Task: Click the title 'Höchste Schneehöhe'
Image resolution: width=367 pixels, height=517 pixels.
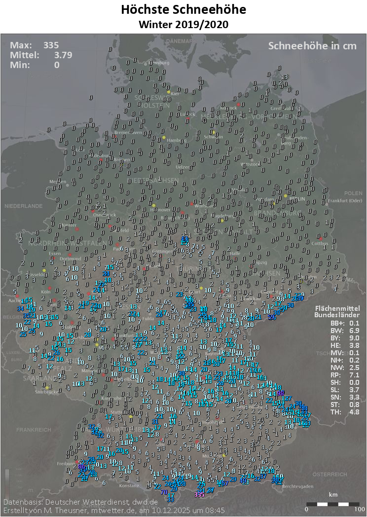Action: [x=183, y=9]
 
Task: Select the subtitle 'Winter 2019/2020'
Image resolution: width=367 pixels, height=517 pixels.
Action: [x=183, y=24]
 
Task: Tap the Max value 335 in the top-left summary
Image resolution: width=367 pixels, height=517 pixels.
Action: [x=51, y=45]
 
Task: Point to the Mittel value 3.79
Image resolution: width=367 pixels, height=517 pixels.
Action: [x=63, y=55]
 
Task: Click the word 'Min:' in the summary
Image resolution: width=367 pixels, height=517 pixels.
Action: [x=21, y=65]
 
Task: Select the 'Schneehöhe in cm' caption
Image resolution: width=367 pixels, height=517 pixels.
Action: [x=312, y=46]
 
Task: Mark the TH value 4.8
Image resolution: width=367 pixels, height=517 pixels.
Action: [x=352, y=412]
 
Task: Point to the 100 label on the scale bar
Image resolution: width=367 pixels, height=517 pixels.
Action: [x=359, y=509]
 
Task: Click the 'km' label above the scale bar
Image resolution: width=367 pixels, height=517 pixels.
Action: [x=333, y=494]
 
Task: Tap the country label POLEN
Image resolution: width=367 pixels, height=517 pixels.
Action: [x=353, y=193]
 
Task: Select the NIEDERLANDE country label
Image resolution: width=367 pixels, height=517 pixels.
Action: [x=24, y=206]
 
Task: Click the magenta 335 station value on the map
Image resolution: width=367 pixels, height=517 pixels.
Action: [x=199, y=494]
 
